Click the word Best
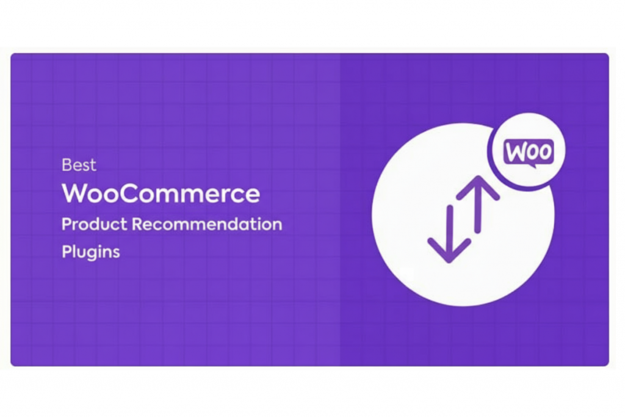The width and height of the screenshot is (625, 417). [79, 164]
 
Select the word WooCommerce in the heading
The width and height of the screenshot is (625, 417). [161, 194]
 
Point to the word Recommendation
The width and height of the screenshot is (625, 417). [207, 224]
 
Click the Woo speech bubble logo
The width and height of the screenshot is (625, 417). [529, 152]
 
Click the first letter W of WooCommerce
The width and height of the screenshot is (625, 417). [75, 194]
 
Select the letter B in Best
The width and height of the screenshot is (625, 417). [67, 164]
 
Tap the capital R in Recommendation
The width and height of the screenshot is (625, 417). [137, 224]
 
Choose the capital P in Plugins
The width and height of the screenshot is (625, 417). [67, 252]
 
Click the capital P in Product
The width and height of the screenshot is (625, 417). [67, 224]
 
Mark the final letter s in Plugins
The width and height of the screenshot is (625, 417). [115, 252]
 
